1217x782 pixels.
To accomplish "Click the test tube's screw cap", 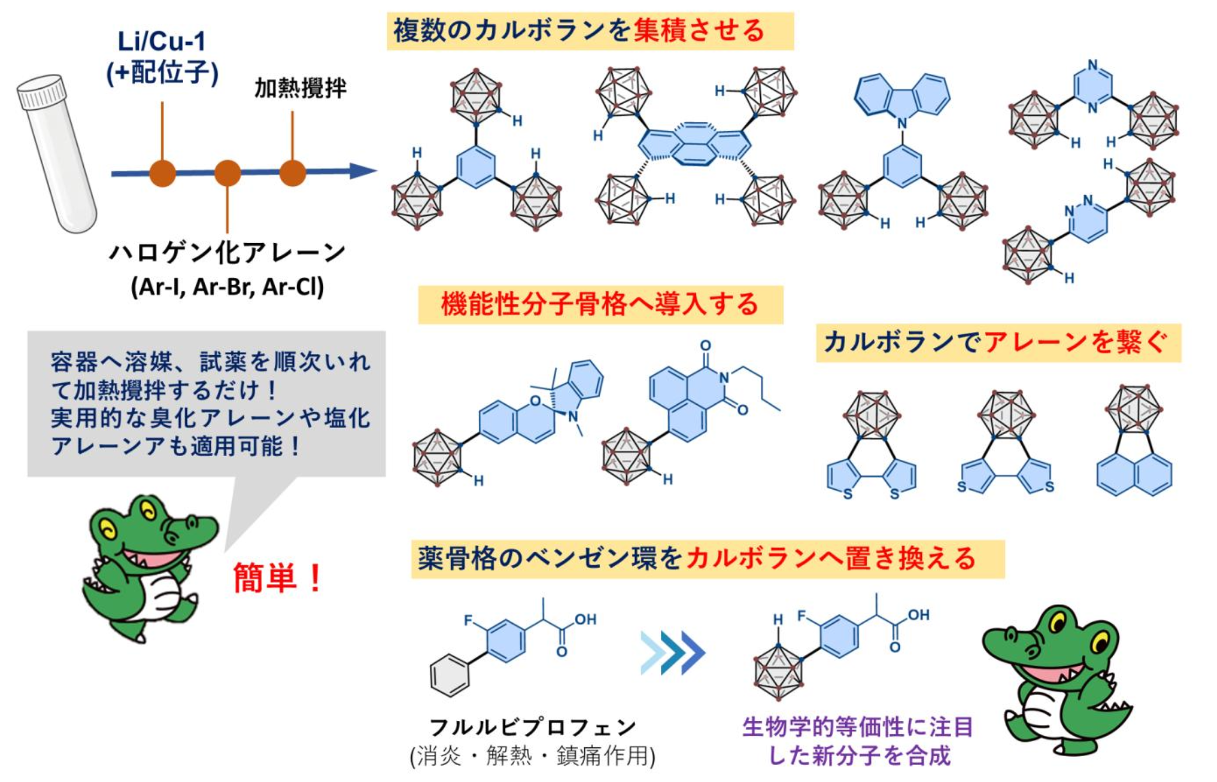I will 41,92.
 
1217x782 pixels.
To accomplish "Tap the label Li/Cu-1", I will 162,41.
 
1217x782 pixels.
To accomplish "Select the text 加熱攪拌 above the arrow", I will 300,88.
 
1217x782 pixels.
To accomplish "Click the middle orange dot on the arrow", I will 227,173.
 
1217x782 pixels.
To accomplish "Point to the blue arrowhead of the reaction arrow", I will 363,171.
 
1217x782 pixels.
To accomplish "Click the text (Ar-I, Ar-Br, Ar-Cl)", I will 227,287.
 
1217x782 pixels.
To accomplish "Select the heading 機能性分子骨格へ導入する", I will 600,304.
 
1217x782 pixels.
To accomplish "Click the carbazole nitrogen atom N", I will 901,123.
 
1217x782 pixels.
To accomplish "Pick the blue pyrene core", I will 694,144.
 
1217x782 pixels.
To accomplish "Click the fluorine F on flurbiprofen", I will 468,620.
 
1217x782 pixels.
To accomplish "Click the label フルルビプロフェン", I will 532,727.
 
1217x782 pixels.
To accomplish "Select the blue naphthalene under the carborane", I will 1134,474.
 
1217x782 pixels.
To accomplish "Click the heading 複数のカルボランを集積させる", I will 579,31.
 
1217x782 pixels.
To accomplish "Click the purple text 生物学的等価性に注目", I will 857,727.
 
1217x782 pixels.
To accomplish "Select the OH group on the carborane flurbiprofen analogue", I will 919,615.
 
